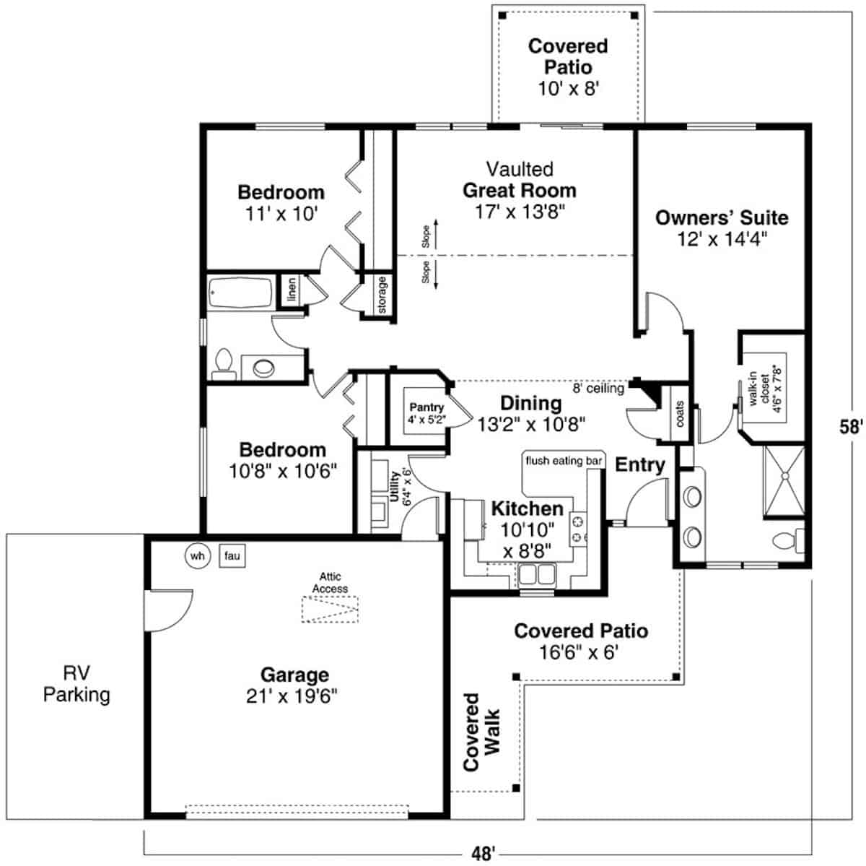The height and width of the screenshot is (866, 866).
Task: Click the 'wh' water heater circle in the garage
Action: coord(197,556)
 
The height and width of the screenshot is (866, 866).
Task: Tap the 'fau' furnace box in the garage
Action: coord(232,555)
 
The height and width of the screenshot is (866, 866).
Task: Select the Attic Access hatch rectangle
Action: coord(330,609)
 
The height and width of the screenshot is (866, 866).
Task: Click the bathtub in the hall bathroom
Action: coord(241,293)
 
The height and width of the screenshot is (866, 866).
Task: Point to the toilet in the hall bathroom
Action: coord(224,365)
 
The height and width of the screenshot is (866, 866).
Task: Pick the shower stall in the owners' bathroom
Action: coord(784,480)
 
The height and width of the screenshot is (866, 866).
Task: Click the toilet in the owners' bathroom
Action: coord(788,540)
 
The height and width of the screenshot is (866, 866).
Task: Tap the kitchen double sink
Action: coord(537,574)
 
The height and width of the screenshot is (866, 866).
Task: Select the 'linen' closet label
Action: coord(292,290)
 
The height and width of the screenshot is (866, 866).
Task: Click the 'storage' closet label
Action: coord(382,295)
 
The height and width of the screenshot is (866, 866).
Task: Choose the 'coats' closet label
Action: coord(680,414)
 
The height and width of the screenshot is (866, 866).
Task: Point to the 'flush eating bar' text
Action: coord(564,461)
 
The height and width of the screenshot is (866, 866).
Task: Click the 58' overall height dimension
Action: coord(851,426)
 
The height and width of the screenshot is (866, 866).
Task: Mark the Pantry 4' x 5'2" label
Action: coord(427,413)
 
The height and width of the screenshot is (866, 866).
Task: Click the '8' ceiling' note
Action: coord(598,388)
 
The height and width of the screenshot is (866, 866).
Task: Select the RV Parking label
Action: coord(76,684)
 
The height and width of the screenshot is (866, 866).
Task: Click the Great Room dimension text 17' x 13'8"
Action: coord(520,212)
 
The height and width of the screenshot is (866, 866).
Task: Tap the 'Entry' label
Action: coord(640,464)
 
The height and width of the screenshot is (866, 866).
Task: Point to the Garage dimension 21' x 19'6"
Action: coord(292,696)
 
